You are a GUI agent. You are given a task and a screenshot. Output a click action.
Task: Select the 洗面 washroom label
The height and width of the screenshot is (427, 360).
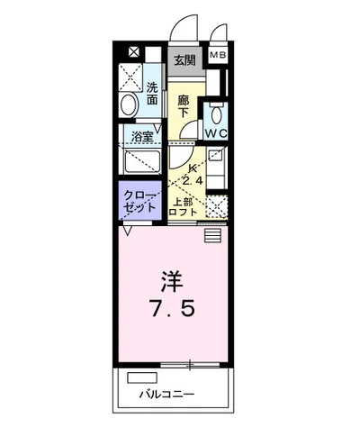(153, 94)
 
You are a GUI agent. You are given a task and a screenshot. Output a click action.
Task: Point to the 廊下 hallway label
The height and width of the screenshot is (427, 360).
(184, 105)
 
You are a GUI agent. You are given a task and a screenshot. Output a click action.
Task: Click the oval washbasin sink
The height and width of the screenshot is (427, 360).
(129, 106)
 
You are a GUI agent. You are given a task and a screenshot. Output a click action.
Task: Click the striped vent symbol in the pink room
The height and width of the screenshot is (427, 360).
(212, 235)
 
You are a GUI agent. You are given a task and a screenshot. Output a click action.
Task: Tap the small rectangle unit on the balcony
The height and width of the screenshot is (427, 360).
(141, 377)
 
